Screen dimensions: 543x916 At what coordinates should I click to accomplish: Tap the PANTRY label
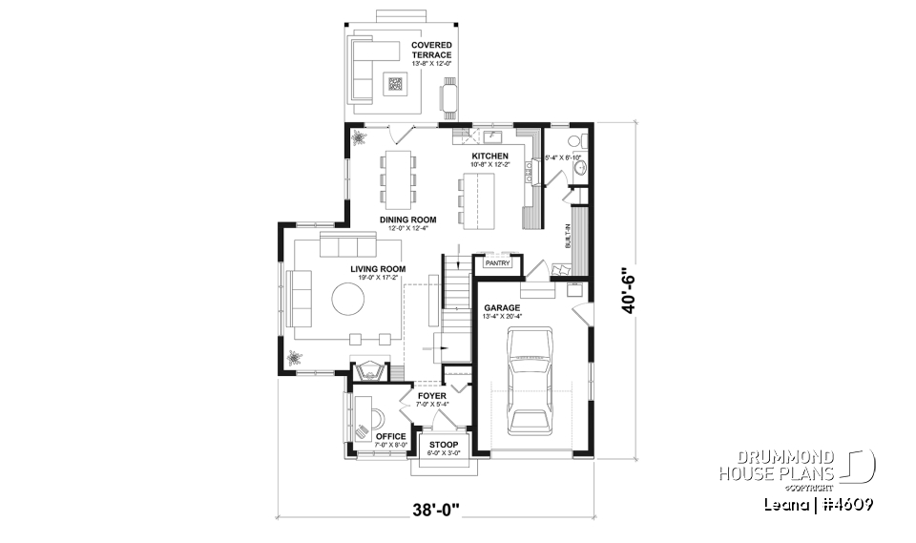498,262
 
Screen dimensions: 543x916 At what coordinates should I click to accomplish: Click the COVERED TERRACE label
431,50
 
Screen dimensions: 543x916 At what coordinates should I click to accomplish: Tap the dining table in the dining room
399,178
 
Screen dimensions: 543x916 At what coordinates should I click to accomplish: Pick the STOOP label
443,445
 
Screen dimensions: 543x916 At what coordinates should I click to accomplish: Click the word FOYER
431,395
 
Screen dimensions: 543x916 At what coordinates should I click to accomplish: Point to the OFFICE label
390,436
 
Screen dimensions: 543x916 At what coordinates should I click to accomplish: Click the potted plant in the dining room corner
360,137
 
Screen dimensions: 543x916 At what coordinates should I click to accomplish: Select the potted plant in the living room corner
294,358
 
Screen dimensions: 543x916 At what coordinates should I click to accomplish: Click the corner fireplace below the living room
369,370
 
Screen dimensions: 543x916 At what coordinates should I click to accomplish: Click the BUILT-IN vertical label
568,236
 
